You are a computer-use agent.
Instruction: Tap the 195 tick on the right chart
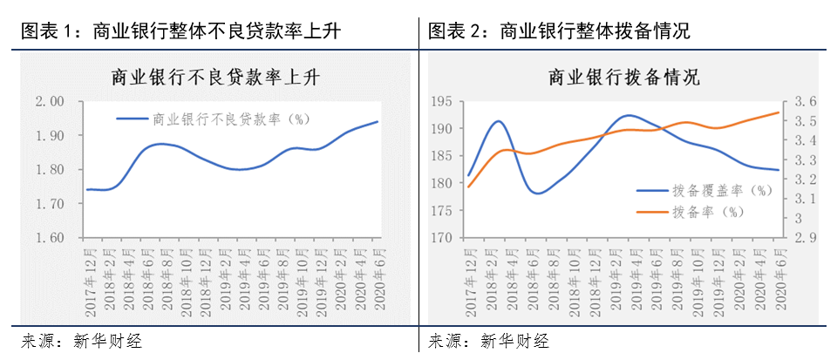pyautogui.click(x=444, y=102)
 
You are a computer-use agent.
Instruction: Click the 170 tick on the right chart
pyautogui.click(x=444, y=238)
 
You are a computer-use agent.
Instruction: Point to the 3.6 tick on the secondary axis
pyautogui.click(x=804, y=102)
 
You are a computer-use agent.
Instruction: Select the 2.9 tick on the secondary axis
pyautogui.click(x=804, y=238)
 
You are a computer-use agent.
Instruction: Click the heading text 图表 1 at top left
pyautogui.click(x=44, y=31)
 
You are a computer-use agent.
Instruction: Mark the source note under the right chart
pyautogui.click(x=489, y=341)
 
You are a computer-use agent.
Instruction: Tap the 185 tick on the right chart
pyautogui.click(x=444, y=157)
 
